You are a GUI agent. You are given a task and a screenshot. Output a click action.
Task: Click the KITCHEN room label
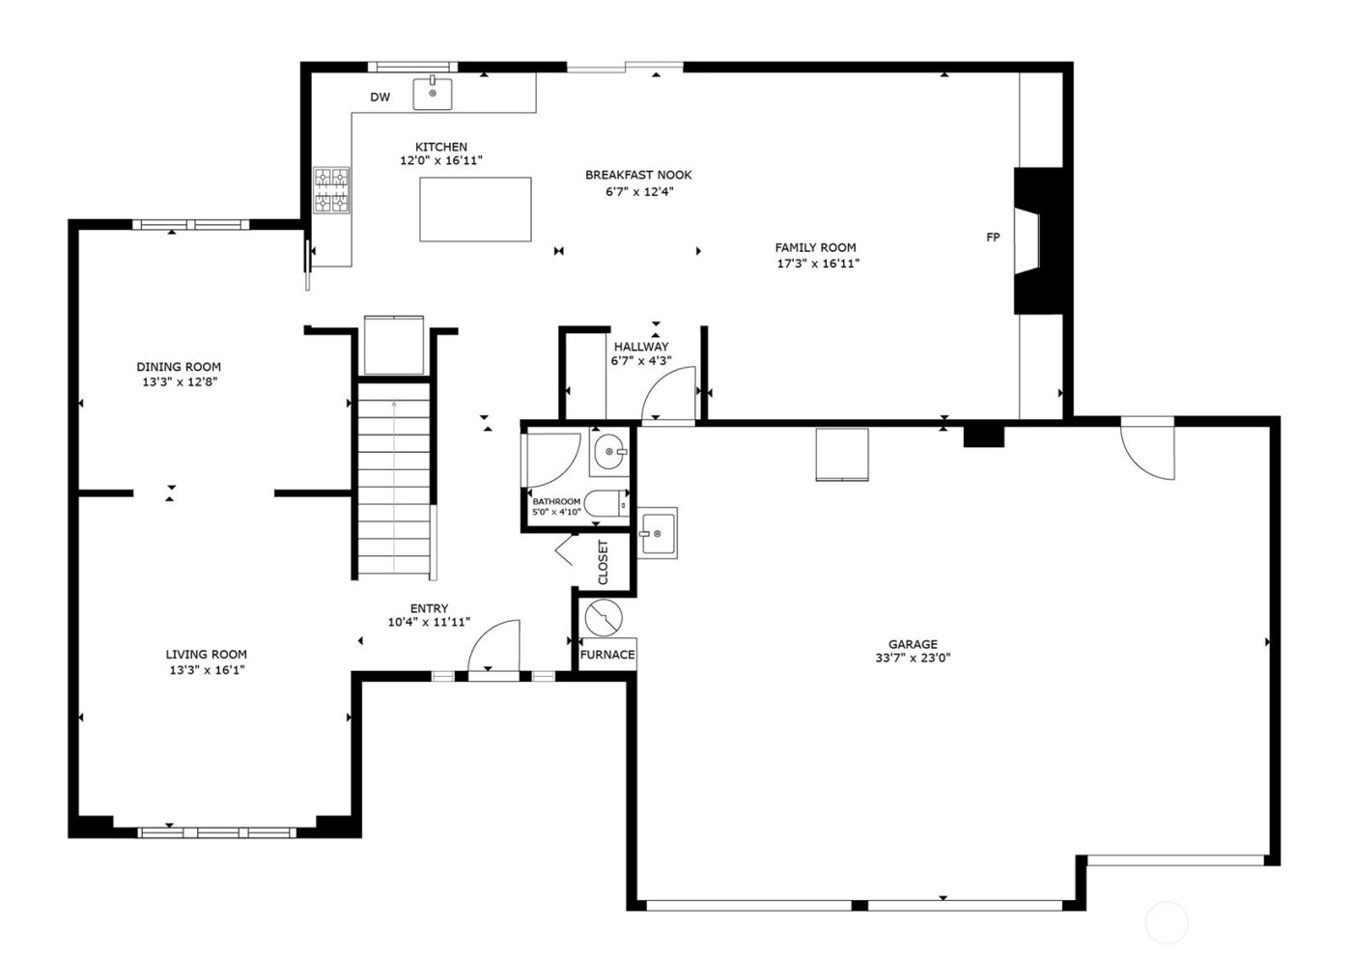click(x=441, y=147)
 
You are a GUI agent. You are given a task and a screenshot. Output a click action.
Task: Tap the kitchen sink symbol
click(x=433, y=94)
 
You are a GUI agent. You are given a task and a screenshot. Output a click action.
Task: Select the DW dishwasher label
click(x=380, y=98)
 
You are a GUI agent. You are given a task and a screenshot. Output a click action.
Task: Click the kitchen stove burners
click(x=331, y=189)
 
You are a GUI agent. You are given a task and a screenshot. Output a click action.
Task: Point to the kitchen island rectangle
click(x=475, y=209)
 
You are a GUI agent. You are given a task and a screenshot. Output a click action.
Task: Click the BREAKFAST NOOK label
click(x=638, y=175)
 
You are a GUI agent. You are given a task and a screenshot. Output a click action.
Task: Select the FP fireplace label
click(x=992, y=237)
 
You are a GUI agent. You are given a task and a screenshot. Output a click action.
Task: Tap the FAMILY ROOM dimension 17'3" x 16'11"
click(x=817, y=263)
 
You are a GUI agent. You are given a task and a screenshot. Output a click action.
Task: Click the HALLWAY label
click(x=640, y=347)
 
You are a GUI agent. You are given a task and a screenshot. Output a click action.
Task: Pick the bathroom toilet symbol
click(x=606, y=504)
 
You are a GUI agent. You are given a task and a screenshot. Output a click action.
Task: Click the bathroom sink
click(x=609, y=451)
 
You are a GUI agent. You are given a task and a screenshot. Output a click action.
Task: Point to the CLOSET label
click(x=604, y=562)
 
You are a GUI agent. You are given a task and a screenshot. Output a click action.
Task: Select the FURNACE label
click(x=607, y=655)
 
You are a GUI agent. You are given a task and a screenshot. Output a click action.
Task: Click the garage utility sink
click(x=657, y=533)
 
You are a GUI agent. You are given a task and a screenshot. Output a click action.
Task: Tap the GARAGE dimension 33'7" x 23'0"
click(x=913, y=660)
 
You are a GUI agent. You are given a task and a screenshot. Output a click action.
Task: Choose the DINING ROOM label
click(x=179, y=367)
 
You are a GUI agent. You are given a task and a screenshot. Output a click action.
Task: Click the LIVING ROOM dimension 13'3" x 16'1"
click(x=206, y=669)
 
